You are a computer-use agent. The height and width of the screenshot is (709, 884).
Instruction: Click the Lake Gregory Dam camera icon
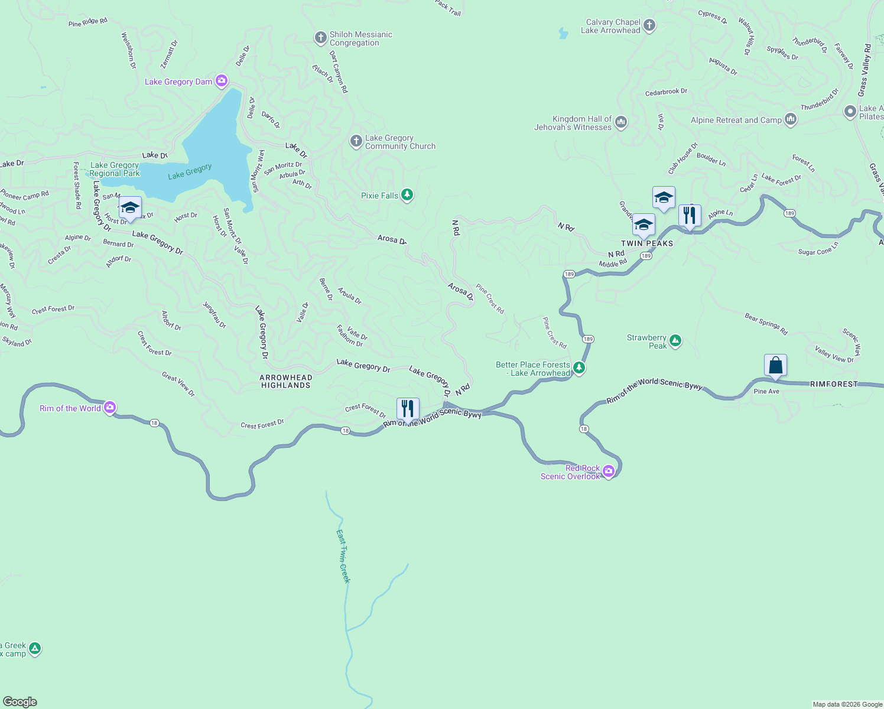click(222, 81)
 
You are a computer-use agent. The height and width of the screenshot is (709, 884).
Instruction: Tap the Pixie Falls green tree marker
click(407, 195)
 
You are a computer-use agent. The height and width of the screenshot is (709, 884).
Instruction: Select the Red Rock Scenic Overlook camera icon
click(609, 471)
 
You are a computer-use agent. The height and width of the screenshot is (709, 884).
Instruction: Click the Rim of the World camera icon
click(109, 408)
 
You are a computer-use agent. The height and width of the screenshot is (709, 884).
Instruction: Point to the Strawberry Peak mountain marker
click(675, 341)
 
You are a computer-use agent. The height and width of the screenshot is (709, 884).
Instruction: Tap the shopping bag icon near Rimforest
click(775, 365)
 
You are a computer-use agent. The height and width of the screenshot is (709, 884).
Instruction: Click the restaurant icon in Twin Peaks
click(690, 215)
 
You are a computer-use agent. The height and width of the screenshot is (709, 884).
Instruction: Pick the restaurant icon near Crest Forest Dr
click(408, 408)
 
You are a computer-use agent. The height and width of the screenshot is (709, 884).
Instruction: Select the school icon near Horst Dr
click(130, 207)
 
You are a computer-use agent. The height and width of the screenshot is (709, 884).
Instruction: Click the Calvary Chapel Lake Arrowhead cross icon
click(649, 25)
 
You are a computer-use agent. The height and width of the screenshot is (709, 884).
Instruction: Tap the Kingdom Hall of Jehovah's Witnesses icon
click(620, 122)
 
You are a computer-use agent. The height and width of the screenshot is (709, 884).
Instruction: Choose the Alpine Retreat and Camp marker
click(791, 119)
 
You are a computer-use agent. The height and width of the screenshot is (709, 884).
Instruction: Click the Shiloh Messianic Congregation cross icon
click(320, 38)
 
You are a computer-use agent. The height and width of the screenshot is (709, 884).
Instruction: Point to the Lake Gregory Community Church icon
click(356, 141)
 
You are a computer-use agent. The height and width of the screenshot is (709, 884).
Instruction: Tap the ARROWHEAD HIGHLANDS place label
click(286, 381)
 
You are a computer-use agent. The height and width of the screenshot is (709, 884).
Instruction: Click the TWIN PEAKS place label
click(647, 243)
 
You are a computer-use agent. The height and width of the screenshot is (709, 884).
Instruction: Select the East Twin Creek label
click(343, 556)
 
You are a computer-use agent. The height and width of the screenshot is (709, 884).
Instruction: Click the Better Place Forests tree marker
click(579, 368)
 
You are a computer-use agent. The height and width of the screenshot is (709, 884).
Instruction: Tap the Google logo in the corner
click(20, 702)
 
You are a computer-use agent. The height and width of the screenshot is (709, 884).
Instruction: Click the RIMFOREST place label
click(833, 384)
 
